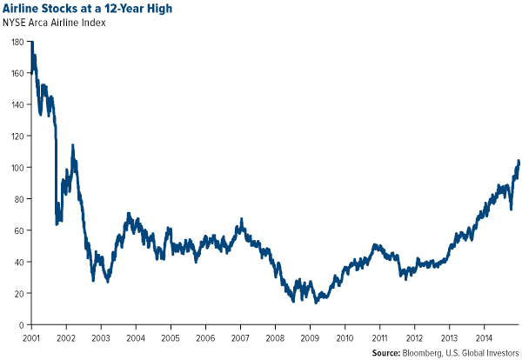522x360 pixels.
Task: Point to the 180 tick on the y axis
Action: [x=18, y=41]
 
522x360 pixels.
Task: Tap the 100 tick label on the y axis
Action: [x=18, y=167]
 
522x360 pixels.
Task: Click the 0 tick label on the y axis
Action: [x=23, y=325]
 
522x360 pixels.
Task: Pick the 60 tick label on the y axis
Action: [x=21, y=230]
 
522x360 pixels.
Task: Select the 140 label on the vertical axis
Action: [x=18, y=104]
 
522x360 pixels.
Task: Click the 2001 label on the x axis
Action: [x=32, y=337]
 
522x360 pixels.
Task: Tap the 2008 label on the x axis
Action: [x=274, y=337]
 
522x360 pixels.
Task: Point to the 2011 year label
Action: [x=379, y=337]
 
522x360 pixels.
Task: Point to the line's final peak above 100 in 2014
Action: [x=519, y=161]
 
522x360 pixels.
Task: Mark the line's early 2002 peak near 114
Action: [x=72, y=145]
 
